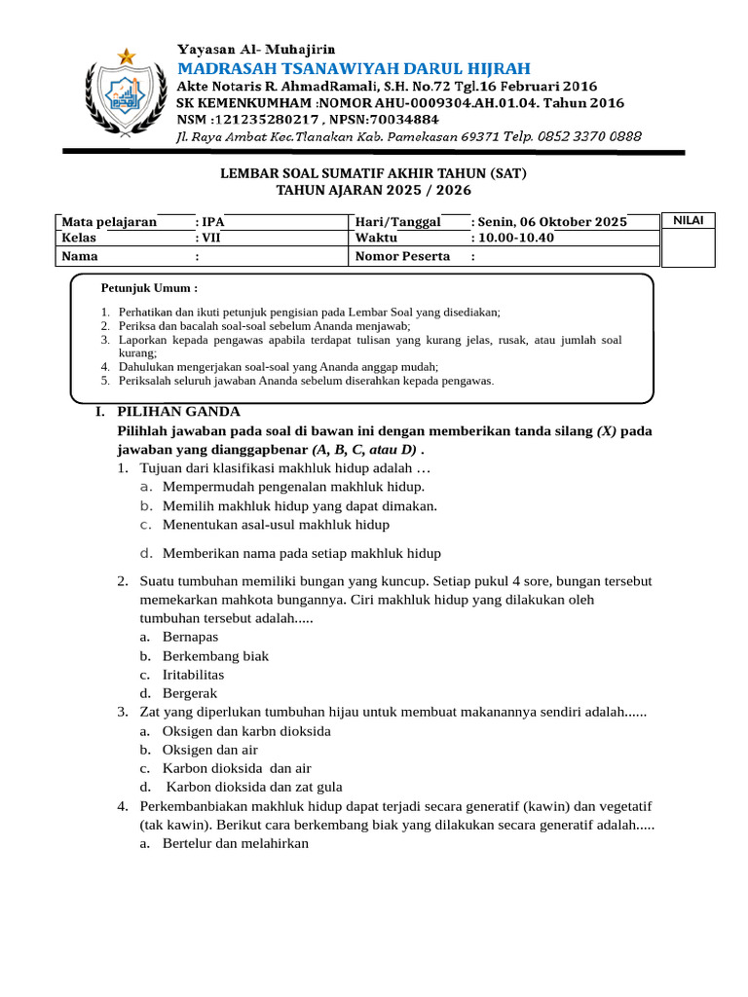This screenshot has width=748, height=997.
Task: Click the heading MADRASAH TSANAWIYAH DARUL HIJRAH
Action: pos(354,67)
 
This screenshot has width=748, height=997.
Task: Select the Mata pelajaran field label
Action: pos(109,222)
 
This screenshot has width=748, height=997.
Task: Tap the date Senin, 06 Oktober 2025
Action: pos(552,222)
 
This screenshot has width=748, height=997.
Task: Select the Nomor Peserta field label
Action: pos(403,256)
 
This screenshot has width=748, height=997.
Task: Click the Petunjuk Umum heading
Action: pos(149,289)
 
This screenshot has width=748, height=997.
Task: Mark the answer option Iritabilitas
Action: pos(193,674)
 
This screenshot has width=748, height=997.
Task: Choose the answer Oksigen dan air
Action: pos(209,750)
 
